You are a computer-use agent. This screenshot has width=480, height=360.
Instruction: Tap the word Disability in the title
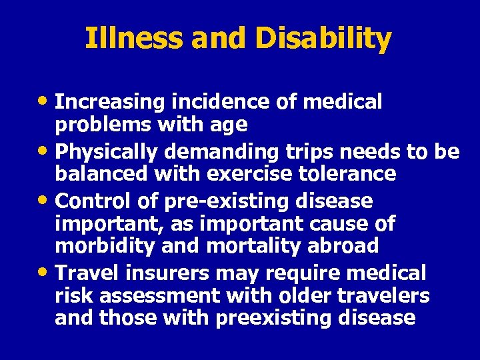(x=322, y=39)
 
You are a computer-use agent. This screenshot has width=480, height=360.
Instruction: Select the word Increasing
(x=111, y=102)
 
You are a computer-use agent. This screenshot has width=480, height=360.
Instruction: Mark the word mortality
(x=264, y=245)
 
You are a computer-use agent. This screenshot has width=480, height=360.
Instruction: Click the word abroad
(x=344, y=245)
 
